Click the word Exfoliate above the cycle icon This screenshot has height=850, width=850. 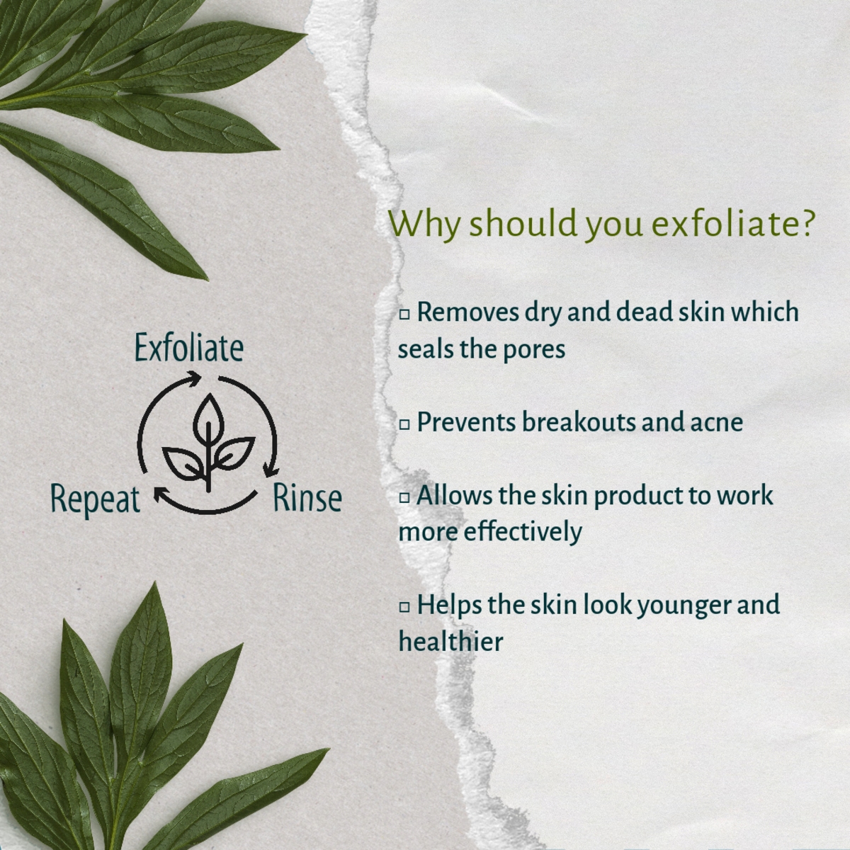189,348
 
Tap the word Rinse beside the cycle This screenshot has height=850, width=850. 307,497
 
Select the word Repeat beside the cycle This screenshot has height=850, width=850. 96,501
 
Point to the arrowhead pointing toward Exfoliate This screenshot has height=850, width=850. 193,378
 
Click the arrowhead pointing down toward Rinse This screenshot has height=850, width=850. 269,468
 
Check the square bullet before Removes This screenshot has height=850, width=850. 404,314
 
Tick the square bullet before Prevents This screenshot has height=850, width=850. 404,424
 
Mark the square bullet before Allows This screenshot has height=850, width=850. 404,497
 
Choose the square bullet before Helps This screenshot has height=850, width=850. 404,607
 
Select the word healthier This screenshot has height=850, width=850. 450,641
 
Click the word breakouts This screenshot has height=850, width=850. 579,421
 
